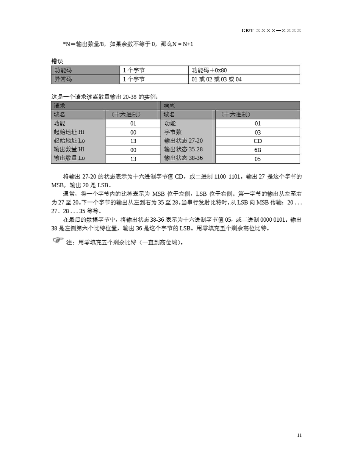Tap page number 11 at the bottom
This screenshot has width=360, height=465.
(299, 435)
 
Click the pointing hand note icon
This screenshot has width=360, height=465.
(58, 240)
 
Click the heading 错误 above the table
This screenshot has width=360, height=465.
(57, 61)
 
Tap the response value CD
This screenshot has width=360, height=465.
(257, 141)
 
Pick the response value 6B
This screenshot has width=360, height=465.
(257, 150)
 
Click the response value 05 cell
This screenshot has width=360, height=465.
(257, 159)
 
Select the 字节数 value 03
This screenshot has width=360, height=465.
(257, 132)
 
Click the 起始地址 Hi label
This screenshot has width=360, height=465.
(69, 132)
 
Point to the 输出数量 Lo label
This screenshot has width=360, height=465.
(69, 158)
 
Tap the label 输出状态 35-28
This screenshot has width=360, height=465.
(183, 149)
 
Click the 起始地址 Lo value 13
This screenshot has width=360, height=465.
(133, 141)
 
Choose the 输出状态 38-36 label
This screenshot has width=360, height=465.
(183, 158)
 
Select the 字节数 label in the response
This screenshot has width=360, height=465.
(173, 132)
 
